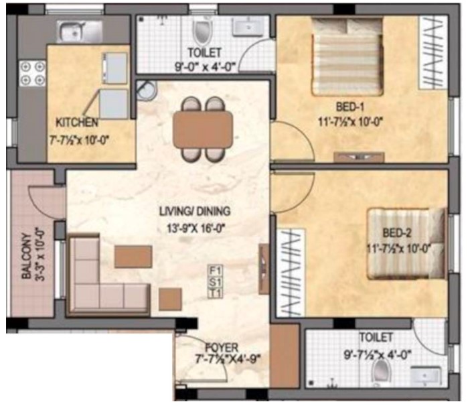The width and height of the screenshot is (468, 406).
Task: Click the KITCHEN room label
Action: pyautogui.click(x=77, y=123)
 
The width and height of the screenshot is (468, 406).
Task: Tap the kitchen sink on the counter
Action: pyautogui.click(x=80, y=31)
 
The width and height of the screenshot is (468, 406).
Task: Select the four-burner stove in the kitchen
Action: pyautogui.click(x=32, y=73)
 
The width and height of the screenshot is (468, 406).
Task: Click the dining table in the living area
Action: pyautogui.click(x=203, y=129)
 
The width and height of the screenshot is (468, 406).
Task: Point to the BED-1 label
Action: pyautogui.click(x=350, y=107)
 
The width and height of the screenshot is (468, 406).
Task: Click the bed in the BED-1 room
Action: pyautogui.click(x=347, y=57)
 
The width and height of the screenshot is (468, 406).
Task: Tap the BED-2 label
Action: pyautogui.click(x=397, y=232)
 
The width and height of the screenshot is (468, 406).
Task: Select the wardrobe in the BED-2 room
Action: pyautogui.click(x=291, y=273)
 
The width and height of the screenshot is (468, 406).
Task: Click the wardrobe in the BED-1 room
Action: pyautogui.click(x=433, y=52)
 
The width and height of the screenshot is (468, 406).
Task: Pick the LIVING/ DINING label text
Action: pyautogui.click(x=195, y=211)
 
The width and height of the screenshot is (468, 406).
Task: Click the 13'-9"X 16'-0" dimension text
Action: pyautogui.click(x=196, y=228)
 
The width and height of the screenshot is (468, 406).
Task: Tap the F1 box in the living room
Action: pyautogui.click(x=215, y=271)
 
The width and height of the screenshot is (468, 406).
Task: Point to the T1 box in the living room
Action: pyautogui.click(x=215, y=293)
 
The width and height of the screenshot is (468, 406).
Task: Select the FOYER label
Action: pyautogui.click(x=222, y=348)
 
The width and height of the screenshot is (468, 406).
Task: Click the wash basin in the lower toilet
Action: pyautogui.click(x=426, y=376)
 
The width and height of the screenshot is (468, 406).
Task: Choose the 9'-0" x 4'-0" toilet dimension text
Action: pyautogui.click(x=206, y=66)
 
